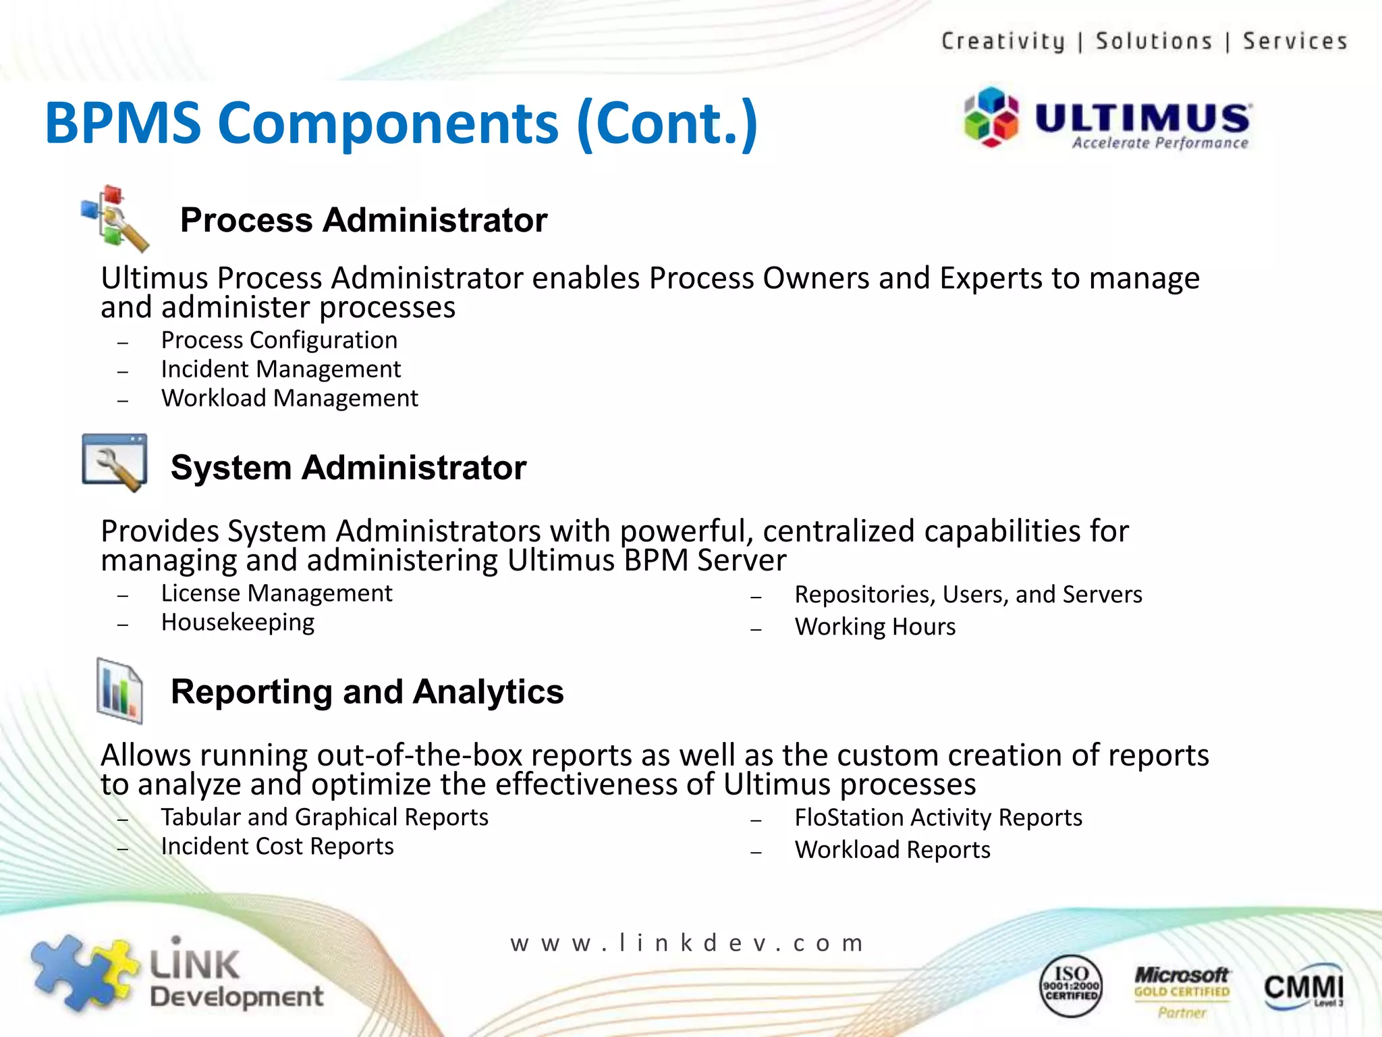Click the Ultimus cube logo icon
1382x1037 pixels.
pyautogui.click(x=991, y=117)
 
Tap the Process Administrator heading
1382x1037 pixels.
pyautogui.click(x=363, y=220)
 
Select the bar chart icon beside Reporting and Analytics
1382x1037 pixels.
pyautogui.click(x=119, y=691)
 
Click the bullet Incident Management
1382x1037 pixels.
pyautogui.click(x=281, y=369)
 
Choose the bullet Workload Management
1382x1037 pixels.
pyautogui.click(x=289, y=398)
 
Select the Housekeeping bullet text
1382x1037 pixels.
pyautogui.click(x=238, y=622)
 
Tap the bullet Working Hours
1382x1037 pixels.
pyautogui.click(x=875, y=627)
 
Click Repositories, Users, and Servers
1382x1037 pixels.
pyautogui.click(x=968, y=594)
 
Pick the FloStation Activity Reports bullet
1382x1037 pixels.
pyautogui.click(x=938, y=818)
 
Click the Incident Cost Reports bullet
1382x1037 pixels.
pyautogui.click(x=277, y=847)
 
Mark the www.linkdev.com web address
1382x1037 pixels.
pyautogui.click(x=687, y=942)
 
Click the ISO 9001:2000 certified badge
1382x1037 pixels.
pyautogui.click(x=1071, y=986)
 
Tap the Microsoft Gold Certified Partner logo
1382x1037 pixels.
pyautogui.click(x=1182, y=990)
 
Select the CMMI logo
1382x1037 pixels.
pyautogui.click(x=1302, y=987)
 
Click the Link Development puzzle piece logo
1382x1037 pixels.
pyautogui.click(x=84, y=972)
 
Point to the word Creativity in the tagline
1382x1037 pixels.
pyautogui.click(x=1003, y=41)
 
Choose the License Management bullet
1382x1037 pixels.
pyautogui.click(x=276, y=593)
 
